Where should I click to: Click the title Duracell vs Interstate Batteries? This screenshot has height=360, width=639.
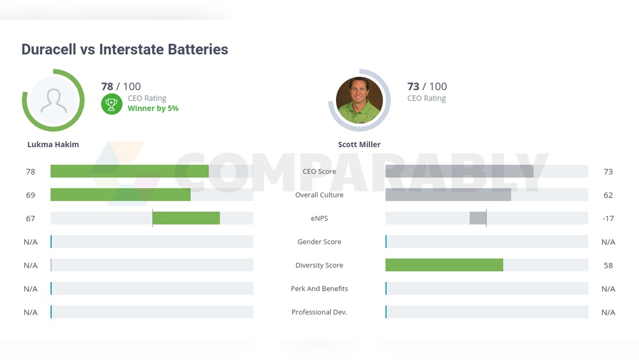click(125, 49)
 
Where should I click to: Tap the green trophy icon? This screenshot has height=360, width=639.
click(111, 104)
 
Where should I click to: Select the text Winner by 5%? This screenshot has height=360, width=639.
click(153, 109)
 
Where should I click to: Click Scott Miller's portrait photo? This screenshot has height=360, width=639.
click(359, 100)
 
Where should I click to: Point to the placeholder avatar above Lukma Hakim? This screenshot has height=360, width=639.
click(54, 100)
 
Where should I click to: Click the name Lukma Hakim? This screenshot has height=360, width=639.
click(53, 145)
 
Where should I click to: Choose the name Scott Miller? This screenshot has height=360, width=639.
click(359, 145)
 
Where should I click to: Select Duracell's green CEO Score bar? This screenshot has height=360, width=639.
click(130, 171)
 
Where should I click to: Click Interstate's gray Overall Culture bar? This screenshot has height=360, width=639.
click(448, 195)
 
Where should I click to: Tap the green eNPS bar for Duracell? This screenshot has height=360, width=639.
click(186, 218)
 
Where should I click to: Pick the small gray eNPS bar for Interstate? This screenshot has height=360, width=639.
click(478, 218)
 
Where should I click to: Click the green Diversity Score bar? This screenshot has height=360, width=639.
click(444, 265)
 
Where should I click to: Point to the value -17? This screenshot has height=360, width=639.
click(608, 219)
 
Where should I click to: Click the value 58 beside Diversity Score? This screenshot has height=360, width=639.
click(608, 265)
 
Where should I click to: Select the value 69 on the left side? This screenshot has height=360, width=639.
click(31, 195)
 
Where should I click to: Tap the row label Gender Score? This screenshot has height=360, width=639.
click(319, 242)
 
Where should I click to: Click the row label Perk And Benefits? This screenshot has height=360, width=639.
click(319, 289)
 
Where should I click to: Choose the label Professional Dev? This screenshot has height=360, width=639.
click(319, 312)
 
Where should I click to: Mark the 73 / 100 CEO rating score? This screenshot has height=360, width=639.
click(427, 86)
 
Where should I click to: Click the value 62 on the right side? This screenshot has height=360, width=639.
click(608, 195)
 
